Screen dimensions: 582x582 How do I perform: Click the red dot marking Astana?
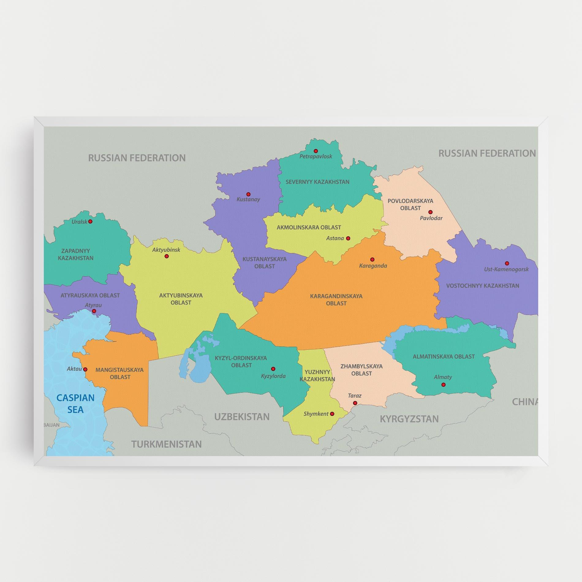click(x=348, y=238)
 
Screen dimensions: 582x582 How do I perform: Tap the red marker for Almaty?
click(x=443, y=385)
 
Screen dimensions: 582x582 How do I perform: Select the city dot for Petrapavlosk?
click(x=316, y=151)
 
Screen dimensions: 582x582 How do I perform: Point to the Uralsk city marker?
click(x=90, y=221)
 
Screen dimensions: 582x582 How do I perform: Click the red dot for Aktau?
click(x=85, y=369)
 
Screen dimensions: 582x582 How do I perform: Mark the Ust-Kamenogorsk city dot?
click(x=507, y=263)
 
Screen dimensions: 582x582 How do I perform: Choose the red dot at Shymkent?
click(x=332, y=414)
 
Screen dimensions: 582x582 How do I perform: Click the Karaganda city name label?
click(x=373, y=266)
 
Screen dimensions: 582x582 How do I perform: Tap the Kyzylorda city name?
click(x=273, y=376)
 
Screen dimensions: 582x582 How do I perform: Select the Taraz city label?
click(x=355, y=395)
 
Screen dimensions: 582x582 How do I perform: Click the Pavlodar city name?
click(x=431, y=218)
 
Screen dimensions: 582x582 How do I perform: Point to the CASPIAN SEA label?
click(x=75, y=403)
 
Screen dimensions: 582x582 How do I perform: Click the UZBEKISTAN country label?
click(x=242, y=417)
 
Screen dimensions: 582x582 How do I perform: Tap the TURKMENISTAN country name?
click(x=167, y=444)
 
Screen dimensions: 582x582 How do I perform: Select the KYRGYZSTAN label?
click(x=409, y=419)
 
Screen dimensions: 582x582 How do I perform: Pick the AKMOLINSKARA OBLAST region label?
click(x=309, y=227)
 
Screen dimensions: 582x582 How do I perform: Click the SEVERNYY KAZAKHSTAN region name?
click(x=317, y=182)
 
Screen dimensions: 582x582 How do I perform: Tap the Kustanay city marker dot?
click(x=248, y=194)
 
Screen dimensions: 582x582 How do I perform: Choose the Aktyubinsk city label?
click(x=166, y=250)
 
